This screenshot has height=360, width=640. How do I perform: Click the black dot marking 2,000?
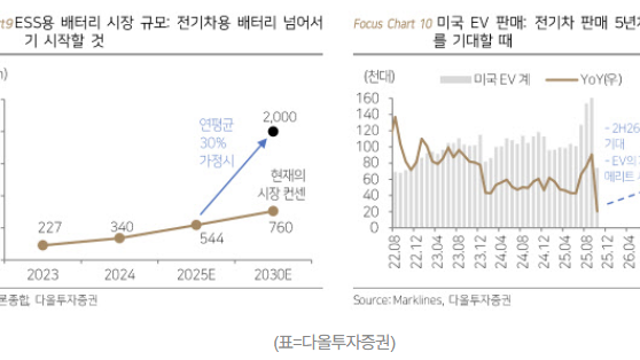tap(287, 132)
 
